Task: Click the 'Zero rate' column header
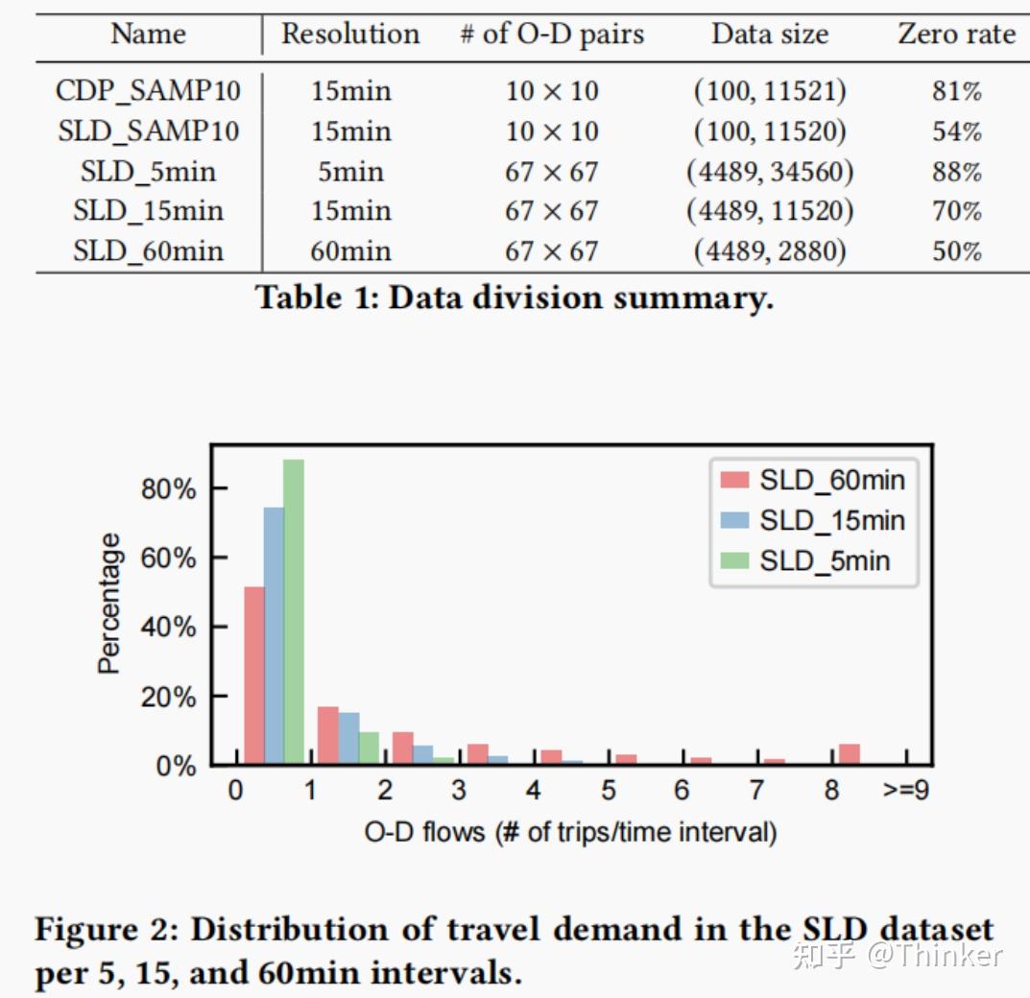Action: [x=956, y=35]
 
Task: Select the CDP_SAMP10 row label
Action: [x=148, y=91]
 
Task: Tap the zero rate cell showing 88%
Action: [x=956, y=172]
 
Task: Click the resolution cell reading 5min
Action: [x=350, y=172]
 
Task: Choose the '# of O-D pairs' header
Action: [x=552, y=35]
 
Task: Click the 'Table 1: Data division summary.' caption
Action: [x=515, y=297]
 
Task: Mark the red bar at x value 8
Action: [x=849, y=753]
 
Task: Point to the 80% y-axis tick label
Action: [x=168, y=488]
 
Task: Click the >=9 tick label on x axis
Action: [x=905, y=791]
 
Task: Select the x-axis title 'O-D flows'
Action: [x=570, y=831]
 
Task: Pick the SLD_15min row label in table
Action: [x=148, y=211]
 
